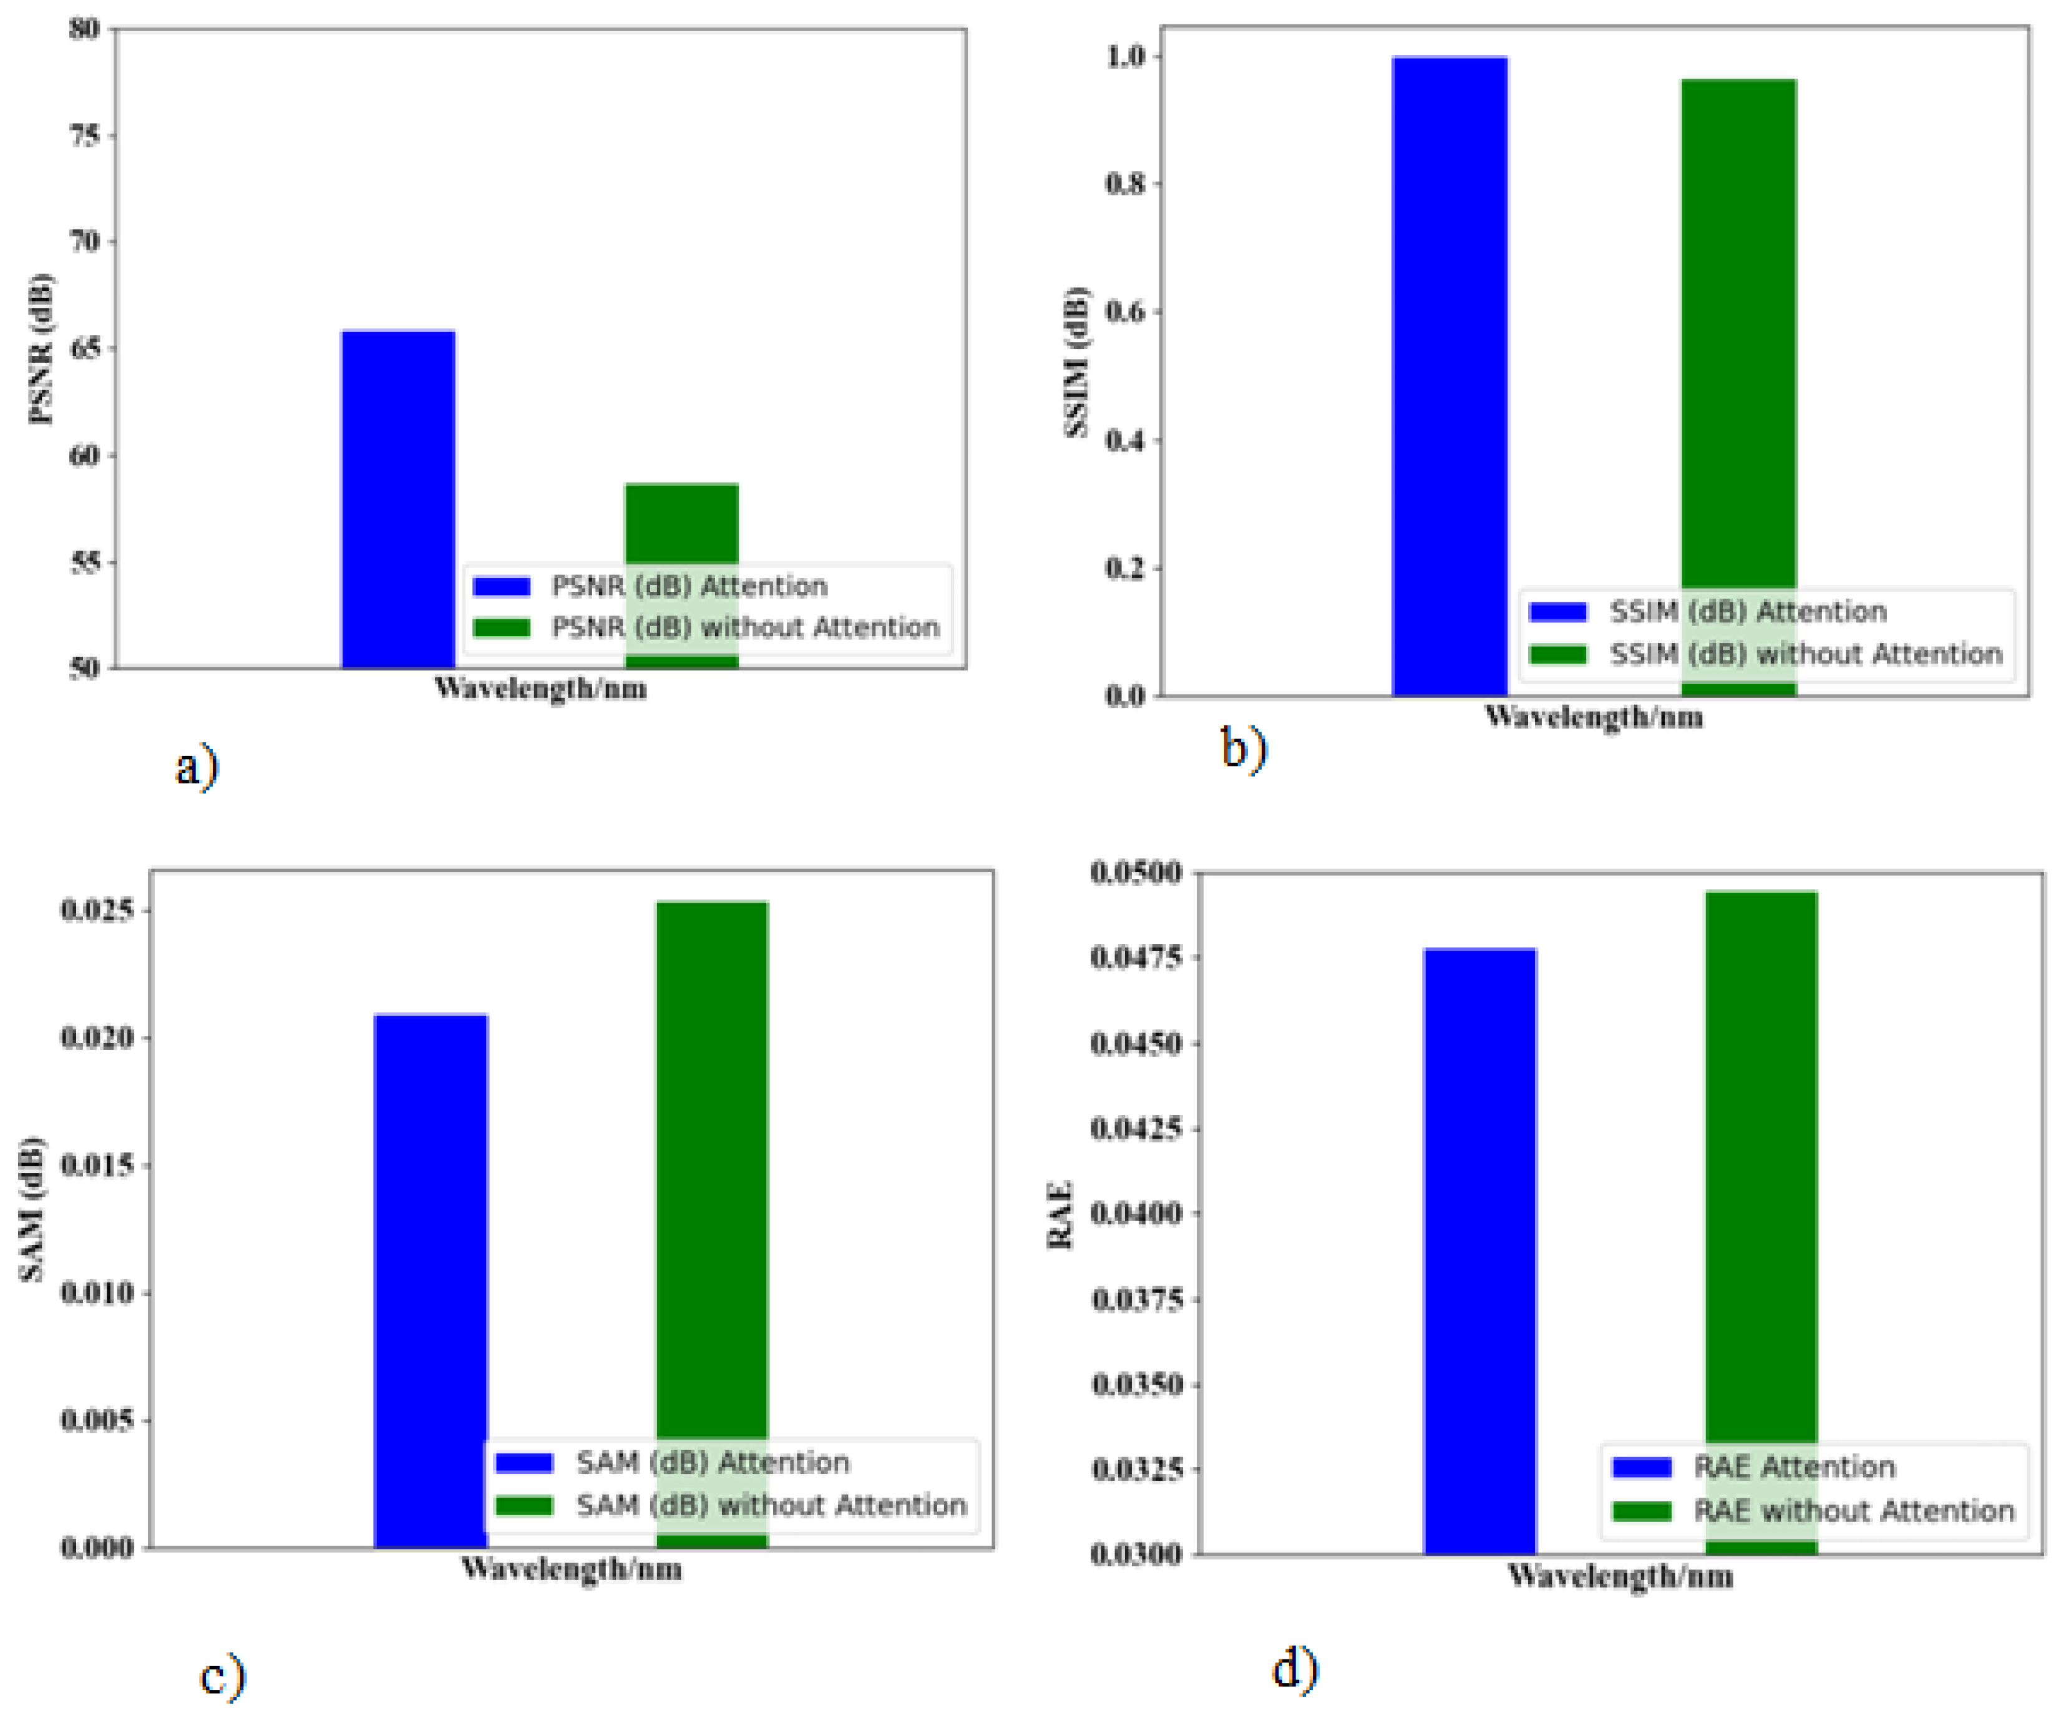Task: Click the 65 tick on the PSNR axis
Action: point(85,348)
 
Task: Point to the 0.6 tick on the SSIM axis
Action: point(1126,312)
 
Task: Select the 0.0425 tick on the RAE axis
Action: point(1136,1127)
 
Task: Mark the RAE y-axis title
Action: point(1060,1215)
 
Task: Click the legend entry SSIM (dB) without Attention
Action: point(1805,654)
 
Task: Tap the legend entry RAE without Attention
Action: point(1853,1511)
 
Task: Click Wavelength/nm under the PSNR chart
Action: point(540,688)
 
